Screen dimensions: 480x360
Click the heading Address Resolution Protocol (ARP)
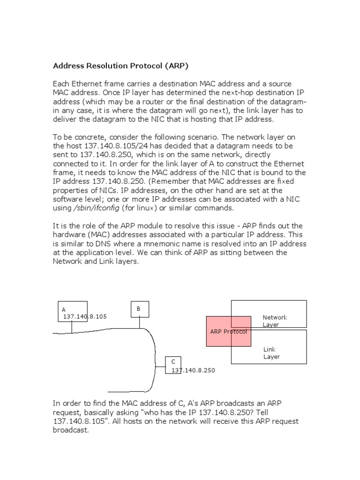point(122,65)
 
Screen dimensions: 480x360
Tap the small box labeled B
point(139,309)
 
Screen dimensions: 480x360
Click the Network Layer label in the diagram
point(275,321)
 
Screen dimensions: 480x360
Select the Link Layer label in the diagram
point(271,353)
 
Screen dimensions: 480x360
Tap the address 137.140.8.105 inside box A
point(85,317)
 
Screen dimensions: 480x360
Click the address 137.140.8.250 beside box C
point(193,370)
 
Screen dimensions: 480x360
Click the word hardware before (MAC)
point(69,235)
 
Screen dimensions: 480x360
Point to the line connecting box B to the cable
point(139,322)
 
